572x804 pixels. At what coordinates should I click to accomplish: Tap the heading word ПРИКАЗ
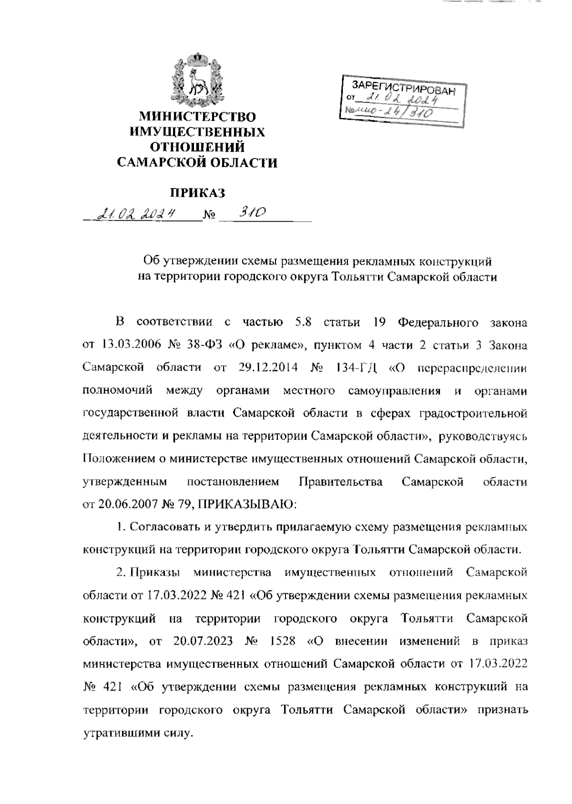(197, 193)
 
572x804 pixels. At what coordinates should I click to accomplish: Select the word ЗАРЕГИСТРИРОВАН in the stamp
(403, 88)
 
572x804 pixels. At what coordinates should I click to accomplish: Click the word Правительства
(340, 482)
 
